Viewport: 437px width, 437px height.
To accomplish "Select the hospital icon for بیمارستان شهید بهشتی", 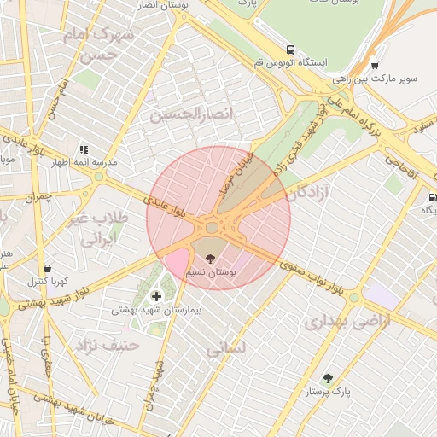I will [154, 295].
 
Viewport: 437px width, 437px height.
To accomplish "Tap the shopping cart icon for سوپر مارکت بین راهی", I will [374, 65].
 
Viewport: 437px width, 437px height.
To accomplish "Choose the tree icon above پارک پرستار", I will [328, 378].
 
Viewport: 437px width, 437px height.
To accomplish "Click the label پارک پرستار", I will [329, 393].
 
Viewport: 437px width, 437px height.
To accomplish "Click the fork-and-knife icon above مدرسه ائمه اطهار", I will [84, 149].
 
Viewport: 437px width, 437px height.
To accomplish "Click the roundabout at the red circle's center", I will [212, 227].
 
